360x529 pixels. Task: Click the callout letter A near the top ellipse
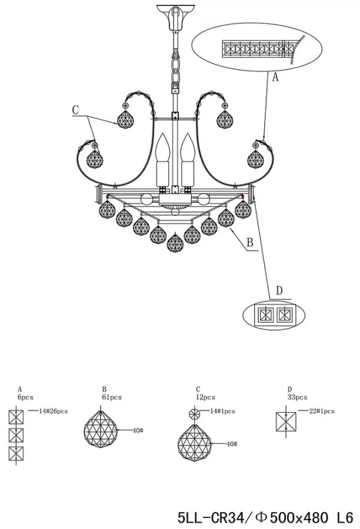coord(275,77)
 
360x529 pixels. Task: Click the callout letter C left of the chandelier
coord(75,110)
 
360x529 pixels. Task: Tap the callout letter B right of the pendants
coord(250,243)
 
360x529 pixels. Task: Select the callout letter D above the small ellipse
coord(279,290)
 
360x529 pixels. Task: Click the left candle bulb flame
coord(162,148)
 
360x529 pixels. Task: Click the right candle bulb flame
coord(188,148)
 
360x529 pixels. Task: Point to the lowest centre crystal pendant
coord(175,243)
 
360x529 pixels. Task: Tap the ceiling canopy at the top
coord(176,17)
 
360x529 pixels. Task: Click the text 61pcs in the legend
coord(112,397)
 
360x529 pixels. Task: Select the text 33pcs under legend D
coord(297,397)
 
